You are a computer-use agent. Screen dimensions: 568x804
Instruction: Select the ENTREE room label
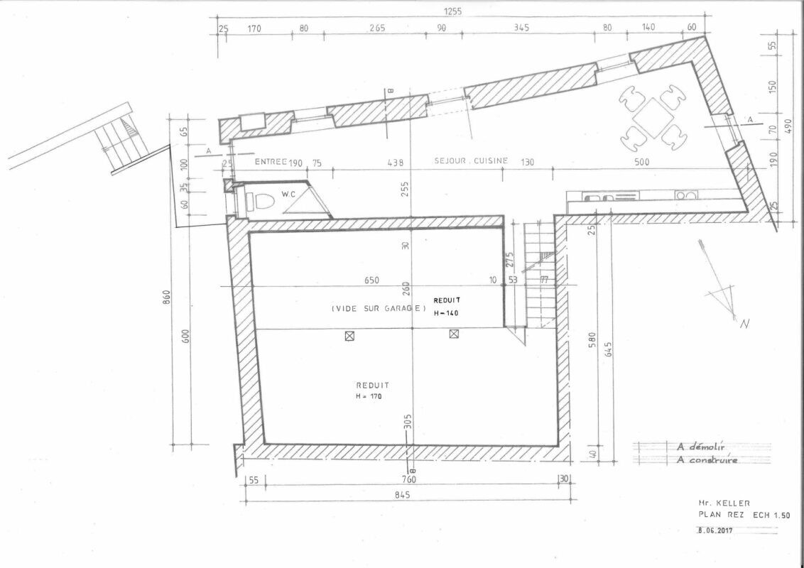tap(270, 162)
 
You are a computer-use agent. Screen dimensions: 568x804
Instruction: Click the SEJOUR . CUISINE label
tap(471, 160)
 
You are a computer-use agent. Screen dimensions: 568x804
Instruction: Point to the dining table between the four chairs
tap(652, 117)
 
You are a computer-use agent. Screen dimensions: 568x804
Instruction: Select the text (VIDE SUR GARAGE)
tap(378, 308)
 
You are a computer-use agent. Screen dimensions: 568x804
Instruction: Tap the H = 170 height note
tap(369, 396)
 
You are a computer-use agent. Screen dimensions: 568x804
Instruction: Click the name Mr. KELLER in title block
tap(719, 502)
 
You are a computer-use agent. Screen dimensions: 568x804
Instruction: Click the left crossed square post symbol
tap(349, 336)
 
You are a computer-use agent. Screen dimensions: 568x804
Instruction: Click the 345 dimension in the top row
tap(521, 29)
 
